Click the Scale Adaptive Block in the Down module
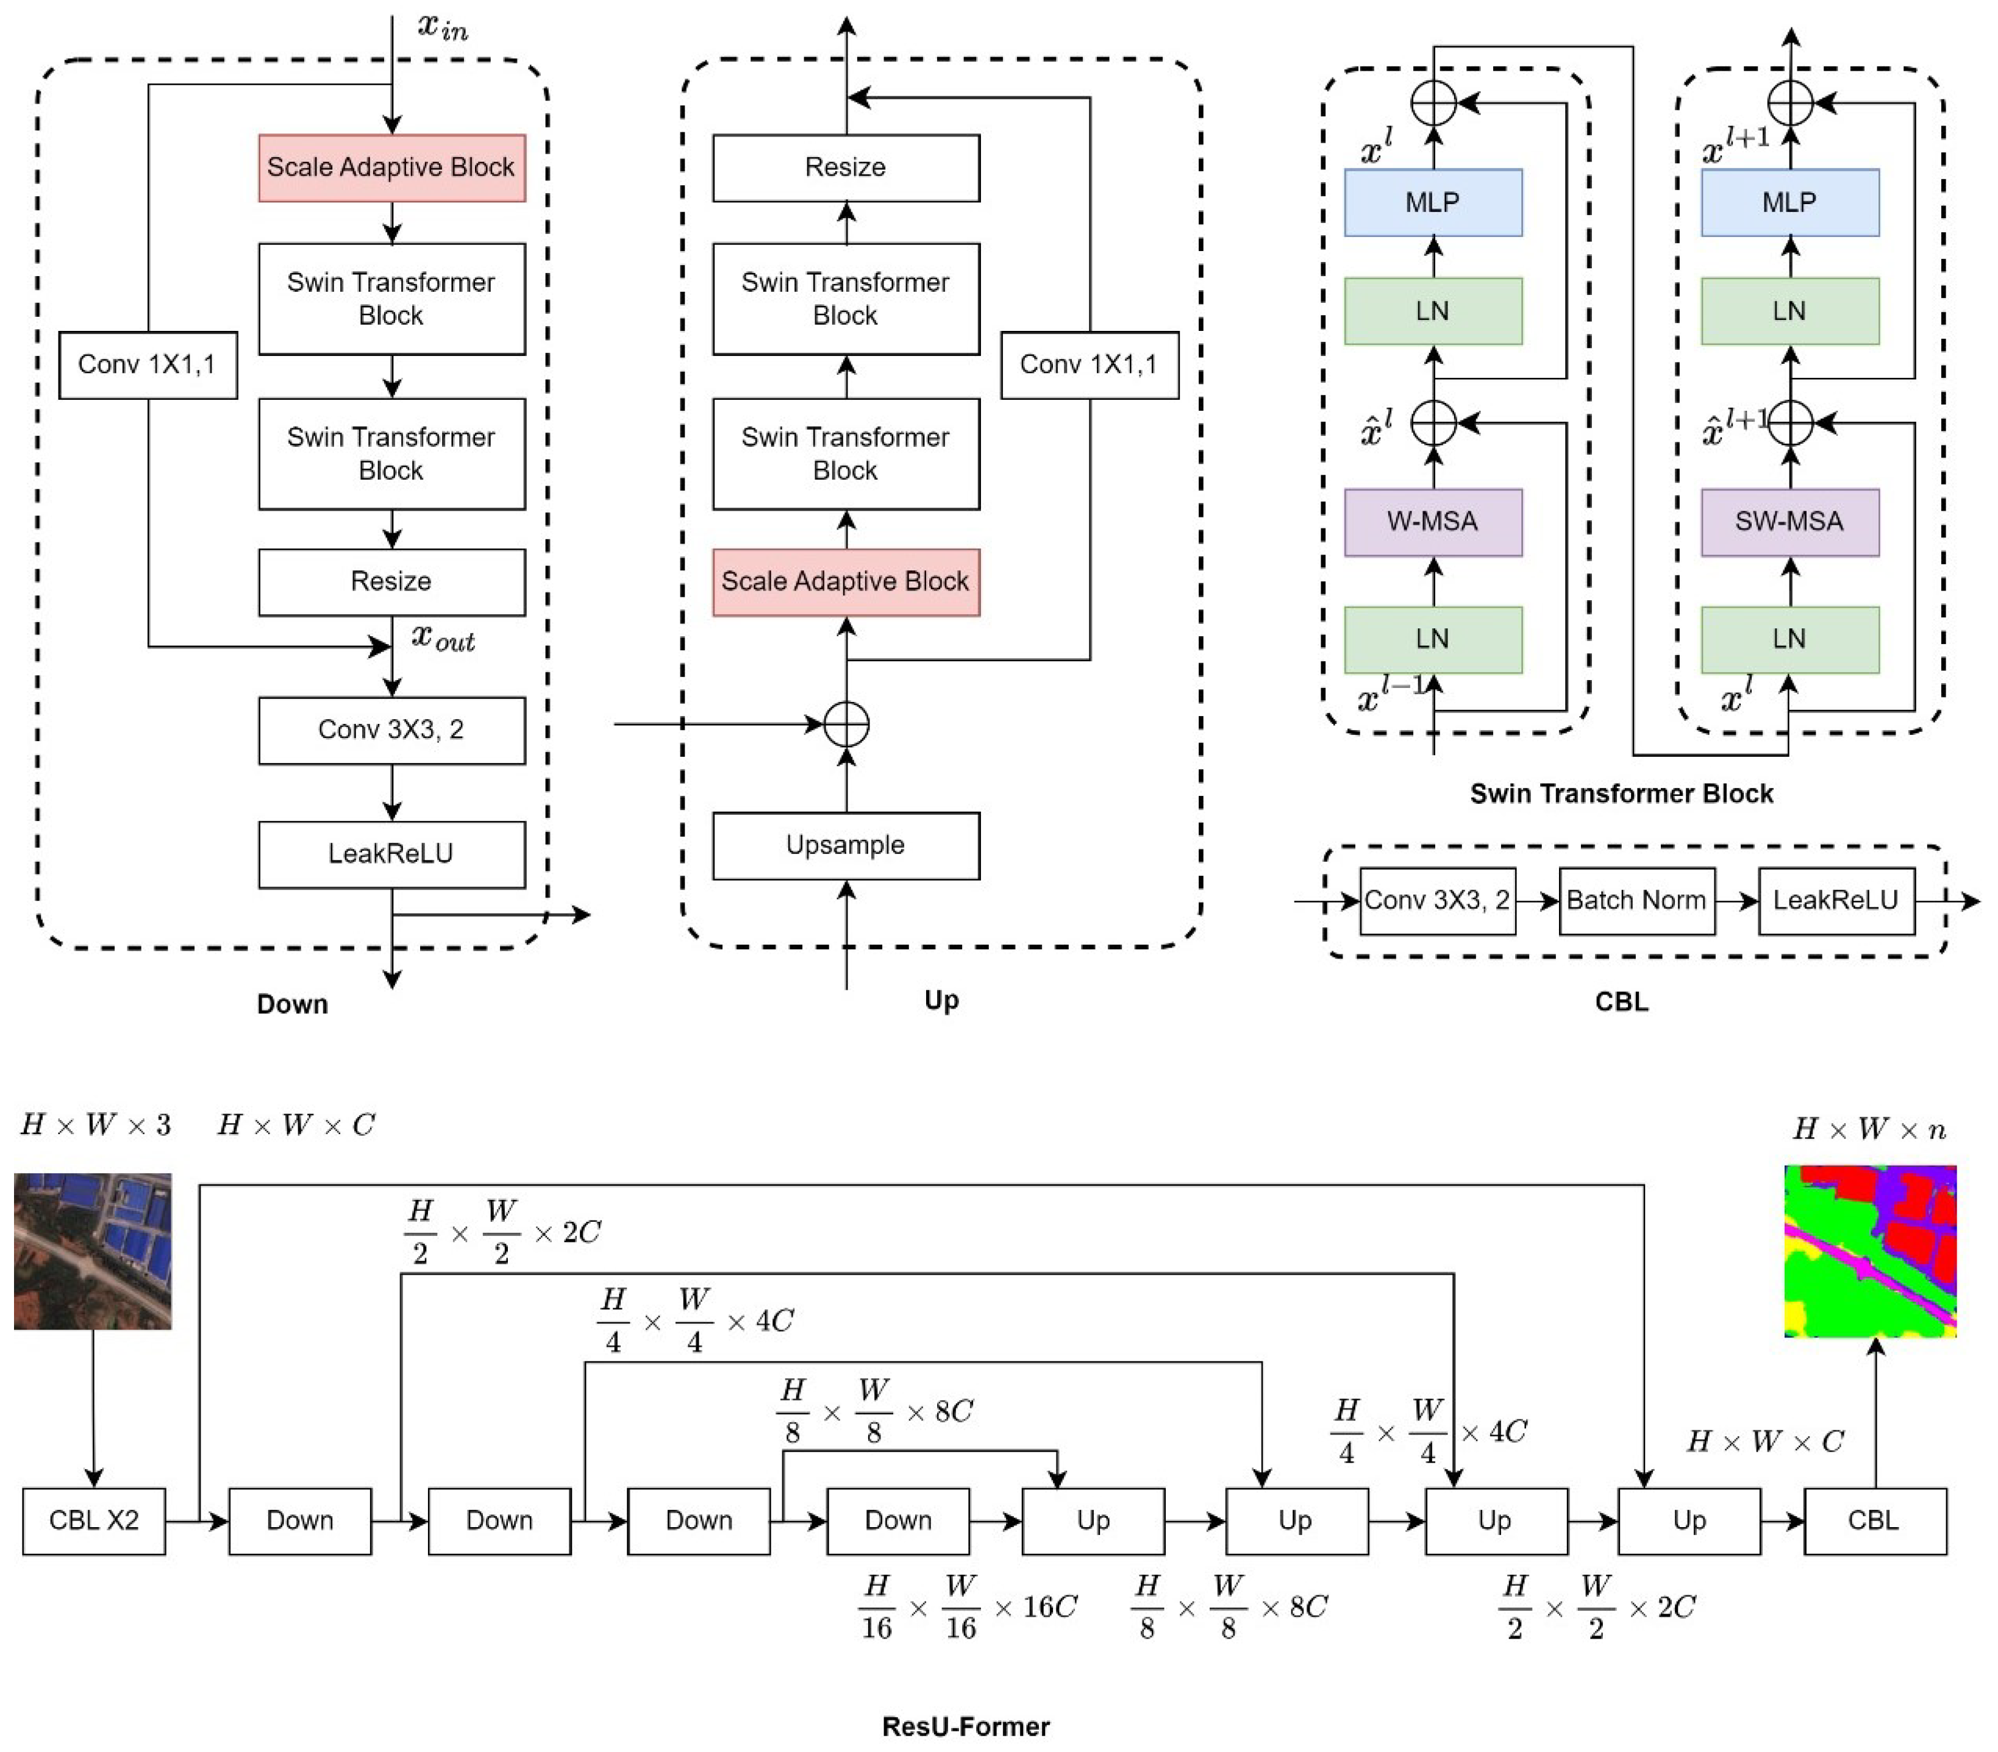391,168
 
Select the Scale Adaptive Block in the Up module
846,583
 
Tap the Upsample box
846,845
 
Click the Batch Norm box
1636,901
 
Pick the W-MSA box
1433,522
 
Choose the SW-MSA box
1790,522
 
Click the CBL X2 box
94,1520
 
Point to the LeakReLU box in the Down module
391,854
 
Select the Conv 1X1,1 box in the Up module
1089,366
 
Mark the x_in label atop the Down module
443,27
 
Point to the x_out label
443,639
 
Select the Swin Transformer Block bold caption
1621,793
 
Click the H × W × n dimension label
1869,1130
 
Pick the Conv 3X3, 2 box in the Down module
391,730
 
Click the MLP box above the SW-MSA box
1790,202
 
